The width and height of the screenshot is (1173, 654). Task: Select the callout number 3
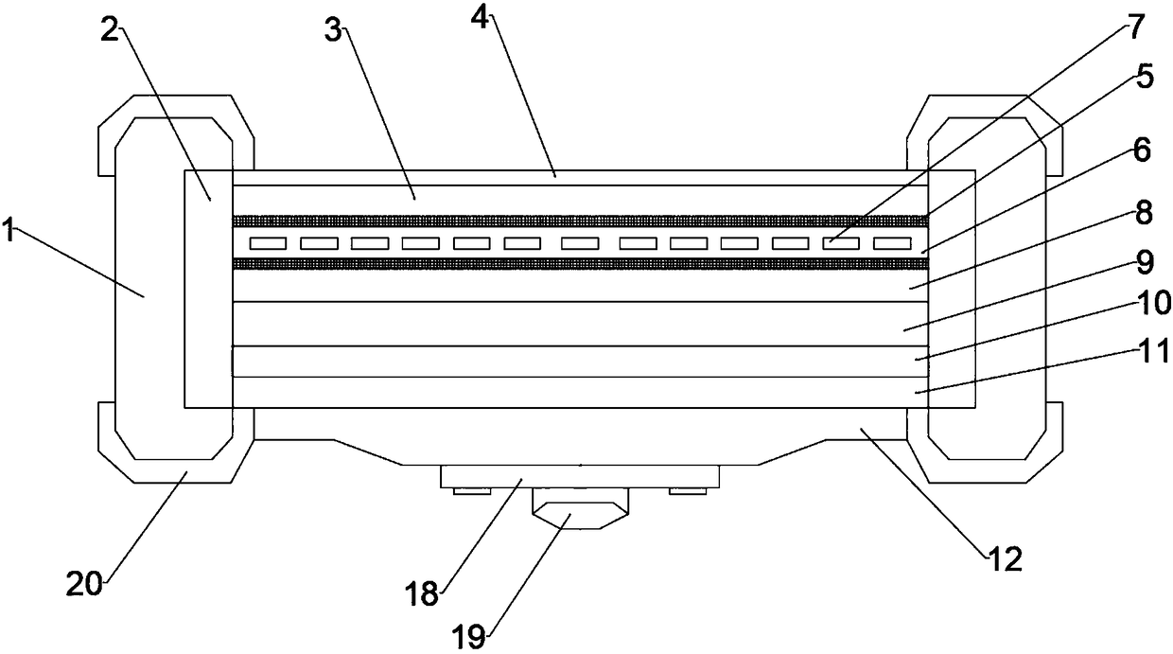pos(333,31)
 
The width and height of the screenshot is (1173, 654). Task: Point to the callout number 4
pos(481,19)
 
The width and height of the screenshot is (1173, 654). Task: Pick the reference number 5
pos(1145,77)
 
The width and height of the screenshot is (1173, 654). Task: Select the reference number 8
pos(1144,214)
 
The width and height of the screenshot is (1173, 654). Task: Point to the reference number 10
pos(1152,305)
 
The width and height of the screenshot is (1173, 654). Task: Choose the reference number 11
pos(1152,354)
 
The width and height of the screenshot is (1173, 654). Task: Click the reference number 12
pos(1006,560)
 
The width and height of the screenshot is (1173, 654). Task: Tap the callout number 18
pos(423,594)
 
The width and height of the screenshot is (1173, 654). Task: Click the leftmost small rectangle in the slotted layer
pos(268,243)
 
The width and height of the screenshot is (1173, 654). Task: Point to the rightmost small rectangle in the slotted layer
pos(891,243)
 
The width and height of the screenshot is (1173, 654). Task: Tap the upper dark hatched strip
pos(579,221)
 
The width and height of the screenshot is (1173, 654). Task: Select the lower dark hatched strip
pos(579,264)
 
